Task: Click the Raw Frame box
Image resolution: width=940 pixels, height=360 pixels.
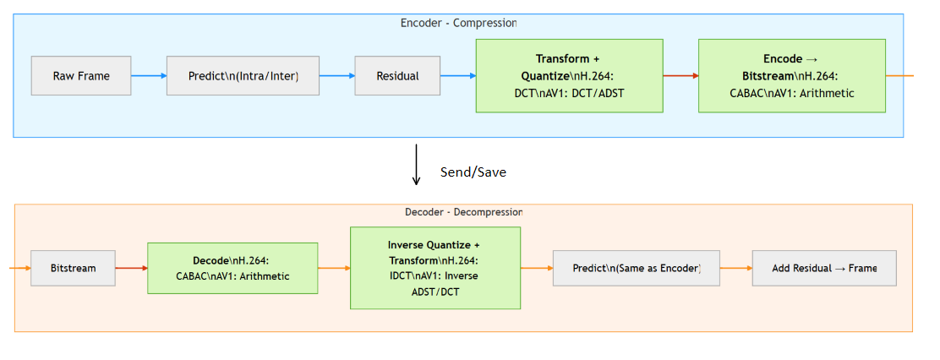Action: coord(81,76)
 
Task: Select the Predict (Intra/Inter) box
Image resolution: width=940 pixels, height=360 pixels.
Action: coord(243,76)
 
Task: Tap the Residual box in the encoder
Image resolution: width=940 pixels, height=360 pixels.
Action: coord(397,76)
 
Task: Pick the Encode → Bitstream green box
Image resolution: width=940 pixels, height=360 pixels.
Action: coord(791,76)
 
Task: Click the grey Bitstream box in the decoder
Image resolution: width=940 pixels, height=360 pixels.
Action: coord(73,268)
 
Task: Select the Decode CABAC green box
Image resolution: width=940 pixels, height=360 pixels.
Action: coord(232,268)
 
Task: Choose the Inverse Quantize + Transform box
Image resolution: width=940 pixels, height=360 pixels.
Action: coord(435,268)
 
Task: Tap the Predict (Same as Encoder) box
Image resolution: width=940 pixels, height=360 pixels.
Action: coord(636,268)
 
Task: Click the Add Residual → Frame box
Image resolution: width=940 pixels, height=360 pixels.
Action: coord(823,268)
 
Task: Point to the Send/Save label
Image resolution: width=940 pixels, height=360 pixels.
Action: coord(473,172)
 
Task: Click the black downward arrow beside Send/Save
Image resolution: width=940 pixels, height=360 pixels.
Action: coord(416,165)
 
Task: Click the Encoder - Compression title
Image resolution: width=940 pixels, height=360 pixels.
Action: coord(458,23)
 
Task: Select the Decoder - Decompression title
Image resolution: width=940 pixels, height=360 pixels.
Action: coord(463,212)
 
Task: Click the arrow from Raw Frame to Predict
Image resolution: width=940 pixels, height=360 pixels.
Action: coord(149,76)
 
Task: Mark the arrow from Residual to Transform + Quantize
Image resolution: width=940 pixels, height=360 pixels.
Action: coord(459,76)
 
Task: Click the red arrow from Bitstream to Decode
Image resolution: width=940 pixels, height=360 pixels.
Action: coord(130,268)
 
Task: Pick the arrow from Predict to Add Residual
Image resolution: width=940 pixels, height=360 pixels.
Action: coord(735,268)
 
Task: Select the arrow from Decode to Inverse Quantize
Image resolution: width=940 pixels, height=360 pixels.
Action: coord(334,268)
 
